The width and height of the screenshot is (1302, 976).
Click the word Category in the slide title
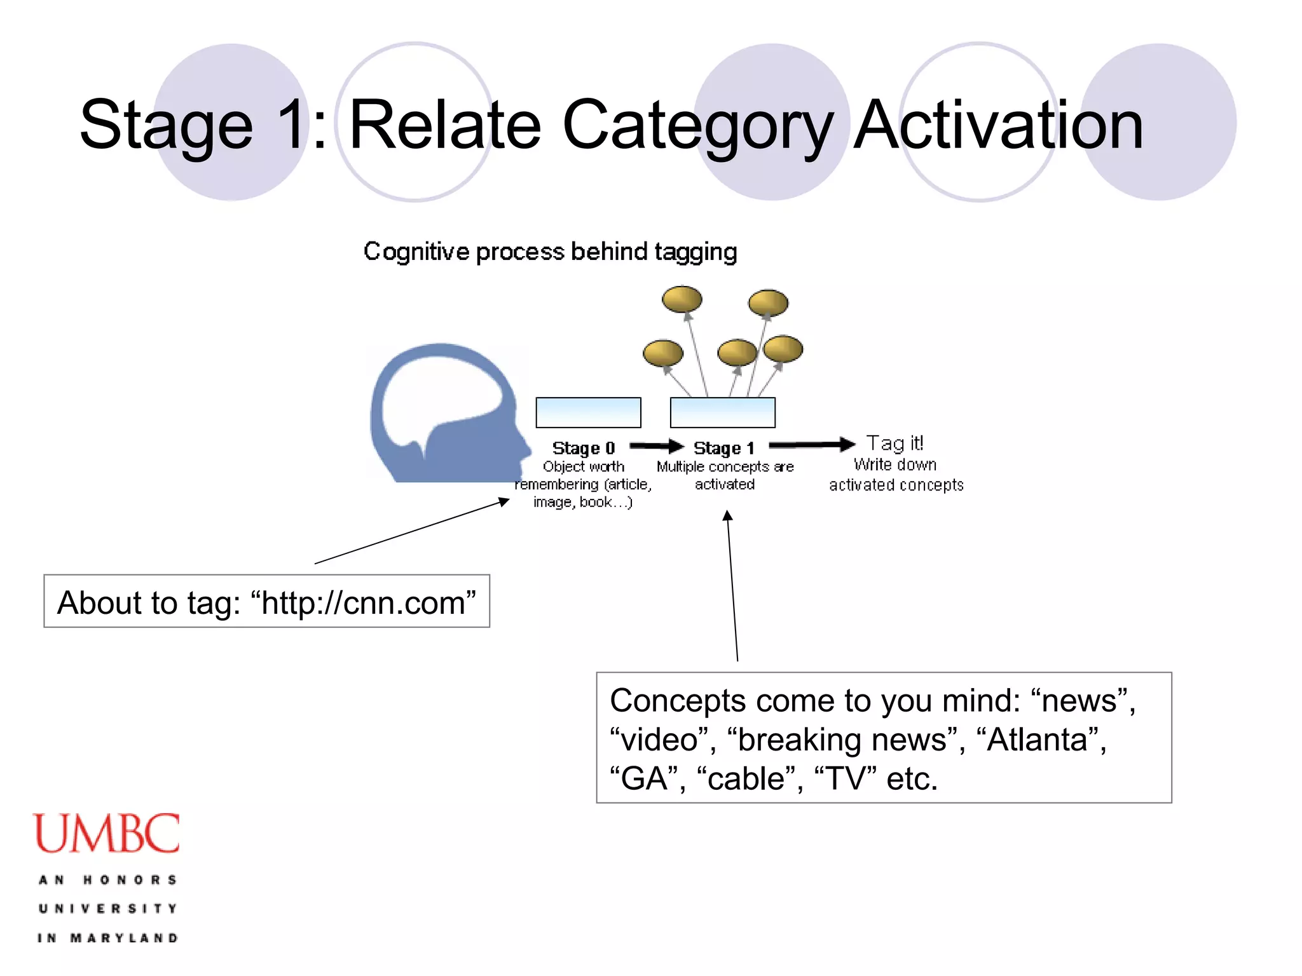697,125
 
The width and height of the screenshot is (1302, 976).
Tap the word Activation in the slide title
997,125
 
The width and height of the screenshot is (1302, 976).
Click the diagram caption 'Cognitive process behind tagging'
550,252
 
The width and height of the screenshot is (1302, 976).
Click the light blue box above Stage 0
588,412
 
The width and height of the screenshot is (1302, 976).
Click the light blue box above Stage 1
722,412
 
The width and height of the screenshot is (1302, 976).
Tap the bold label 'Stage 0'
583,448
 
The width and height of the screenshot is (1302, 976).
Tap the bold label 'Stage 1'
723,448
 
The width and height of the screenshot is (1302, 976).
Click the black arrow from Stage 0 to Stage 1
655,446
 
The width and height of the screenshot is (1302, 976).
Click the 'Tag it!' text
894,443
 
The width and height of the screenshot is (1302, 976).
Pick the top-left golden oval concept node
682,299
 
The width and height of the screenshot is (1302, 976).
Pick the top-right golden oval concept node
768,302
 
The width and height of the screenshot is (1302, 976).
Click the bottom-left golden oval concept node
662,353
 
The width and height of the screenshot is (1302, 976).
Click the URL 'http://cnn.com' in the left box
363,602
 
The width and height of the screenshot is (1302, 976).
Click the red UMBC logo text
106,834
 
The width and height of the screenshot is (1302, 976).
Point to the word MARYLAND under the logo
124,938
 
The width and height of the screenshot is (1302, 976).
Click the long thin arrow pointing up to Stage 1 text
732,585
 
